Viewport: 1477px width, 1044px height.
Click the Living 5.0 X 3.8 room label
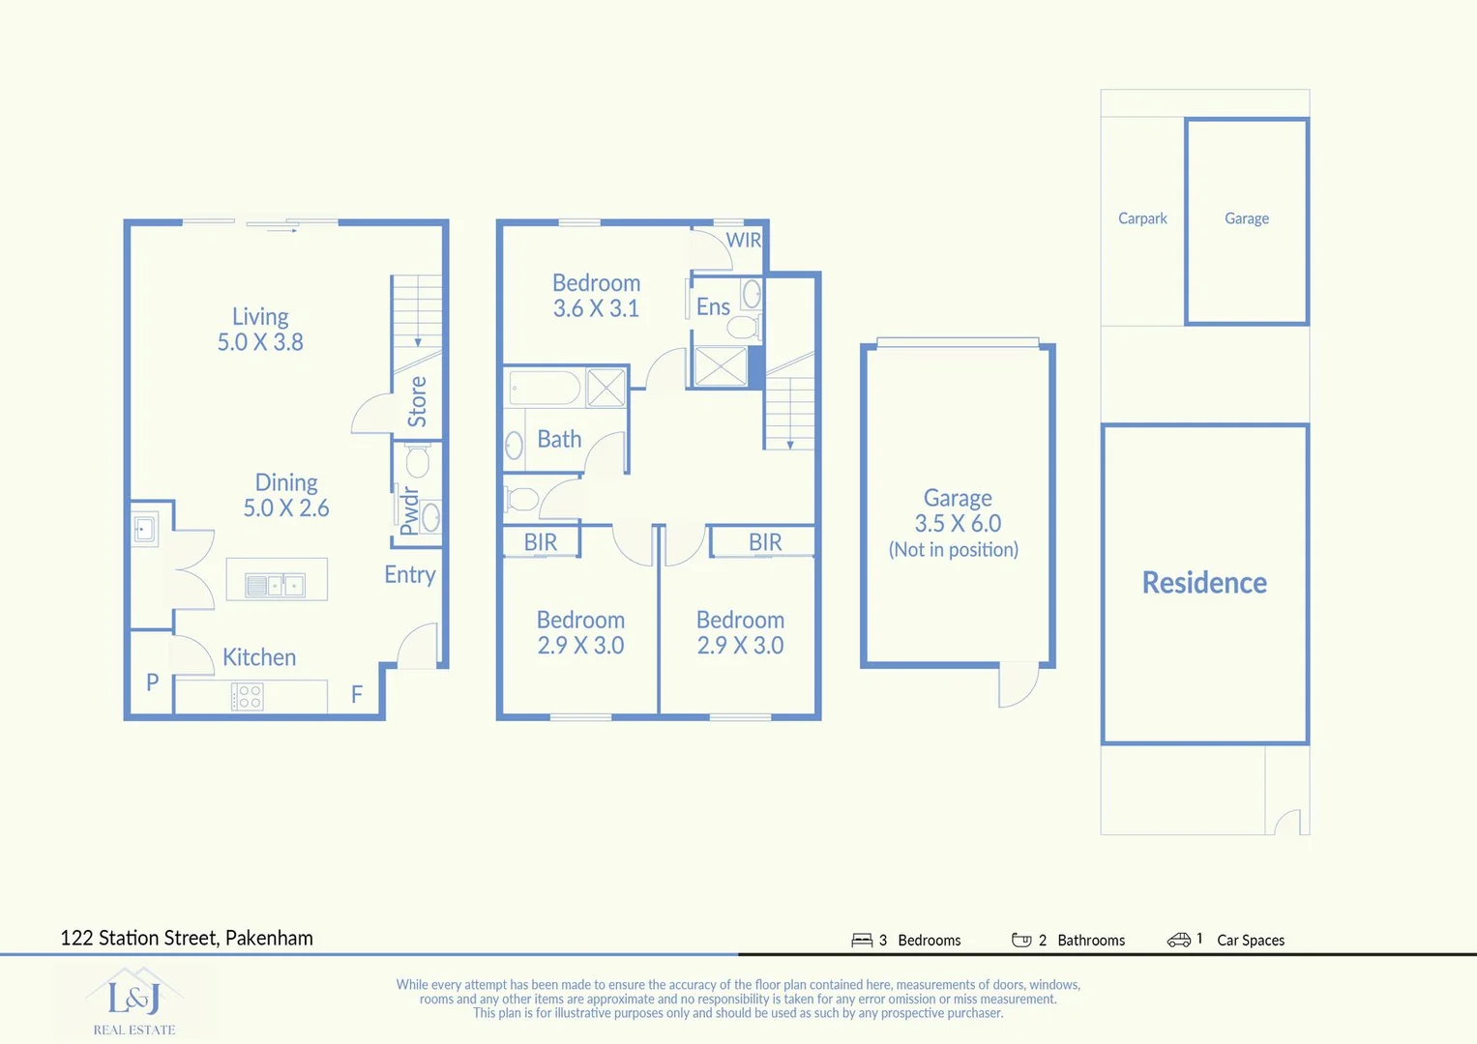[x=260, y=330]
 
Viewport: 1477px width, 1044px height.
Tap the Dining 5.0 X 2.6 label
[x=286, y=495]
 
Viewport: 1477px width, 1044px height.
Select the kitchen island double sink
[x=276, y=585]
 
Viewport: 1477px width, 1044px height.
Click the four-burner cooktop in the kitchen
[x=248, y=697]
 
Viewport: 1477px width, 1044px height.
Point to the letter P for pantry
[x=152, y=682]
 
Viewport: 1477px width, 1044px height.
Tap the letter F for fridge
[x=357, y=694]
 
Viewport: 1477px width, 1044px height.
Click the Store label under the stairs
[x=418, y=402]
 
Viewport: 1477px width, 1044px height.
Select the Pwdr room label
[x=409, y=510]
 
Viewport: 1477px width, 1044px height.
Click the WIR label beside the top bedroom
[x=743, y=240]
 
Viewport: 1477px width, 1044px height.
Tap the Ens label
[x=713, y=307]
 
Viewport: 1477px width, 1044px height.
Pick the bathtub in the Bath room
[x=545, y=389]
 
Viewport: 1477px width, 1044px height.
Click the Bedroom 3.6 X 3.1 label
[x=596, y=296]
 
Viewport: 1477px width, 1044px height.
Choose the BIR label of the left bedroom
[x=540, y=543]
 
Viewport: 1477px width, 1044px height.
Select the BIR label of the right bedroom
[x=765, y=543]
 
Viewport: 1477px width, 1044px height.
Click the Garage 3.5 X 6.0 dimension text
[x=958, y=523]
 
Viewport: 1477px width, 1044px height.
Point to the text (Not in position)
[x=954, y=550]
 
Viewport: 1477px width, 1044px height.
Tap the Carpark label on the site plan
[x=1142, y=218]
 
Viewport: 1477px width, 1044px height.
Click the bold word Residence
[x=1204, y=583]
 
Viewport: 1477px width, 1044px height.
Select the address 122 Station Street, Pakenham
[x=187, y=938]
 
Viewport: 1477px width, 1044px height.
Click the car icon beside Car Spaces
[x=1178, y=940]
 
